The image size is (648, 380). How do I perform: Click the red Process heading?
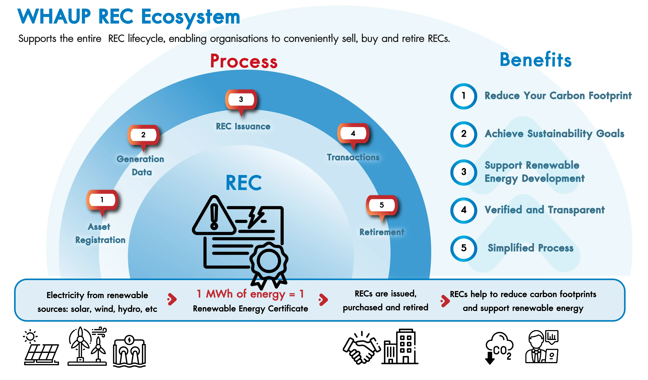pyautogui.click(x=244, y=61)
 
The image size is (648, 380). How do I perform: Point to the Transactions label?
pyautogui.click(x=353, y=157)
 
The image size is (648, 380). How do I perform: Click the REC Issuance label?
pyautogui.click(x=243, y=126)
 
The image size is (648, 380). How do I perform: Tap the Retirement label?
pyautogui.click(x=382, y=232)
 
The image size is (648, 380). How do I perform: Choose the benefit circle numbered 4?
pyautogui.click(x=464, y=210)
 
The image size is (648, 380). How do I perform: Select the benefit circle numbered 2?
pyautogui.click(x=464, y=134)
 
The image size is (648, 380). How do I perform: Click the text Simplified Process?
pyautogui.click(x=530, y=248)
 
